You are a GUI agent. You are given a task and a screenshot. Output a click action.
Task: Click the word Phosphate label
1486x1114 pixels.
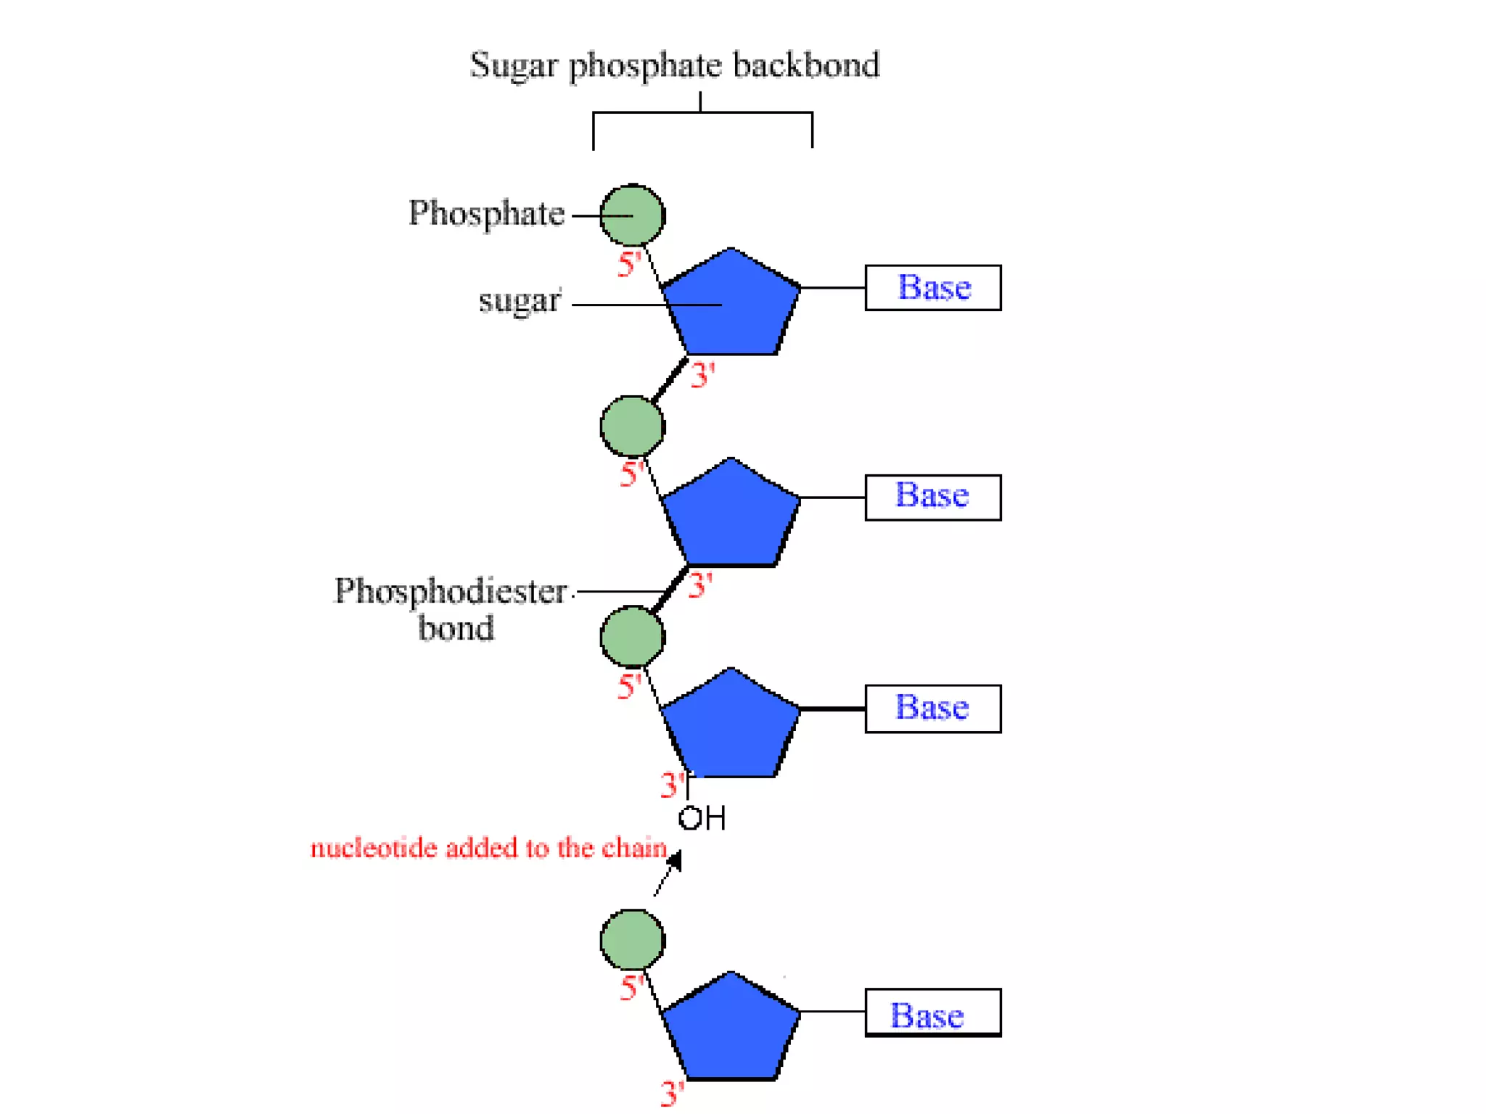(x=486, y=214)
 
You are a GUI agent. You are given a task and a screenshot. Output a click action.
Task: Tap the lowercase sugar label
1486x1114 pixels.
(x=520, y=301)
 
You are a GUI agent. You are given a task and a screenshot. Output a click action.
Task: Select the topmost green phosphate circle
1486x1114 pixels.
(x=632, y=215)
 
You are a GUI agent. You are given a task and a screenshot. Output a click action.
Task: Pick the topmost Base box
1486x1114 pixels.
(x=933, y=288)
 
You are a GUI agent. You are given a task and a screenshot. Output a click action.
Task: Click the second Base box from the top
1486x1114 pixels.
(x=933, y=498)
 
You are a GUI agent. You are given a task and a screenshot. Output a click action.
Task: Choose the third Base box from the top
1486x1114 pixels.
(x=933, y=709)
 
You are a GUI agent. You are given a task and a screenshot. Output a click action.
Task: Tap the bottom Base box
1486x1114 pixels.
(x=933, y=1013)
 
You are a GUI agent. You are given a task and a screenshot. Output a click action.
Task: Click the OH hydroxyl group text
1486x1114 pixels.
(x=702, y=819)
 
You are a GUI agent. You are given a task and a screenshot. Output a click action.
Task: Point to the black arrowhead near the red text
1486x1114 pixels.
(x=676, y=861)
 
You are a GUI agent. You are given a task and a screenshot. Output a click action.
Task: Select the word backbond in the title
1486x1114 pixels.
(x=805, y=65)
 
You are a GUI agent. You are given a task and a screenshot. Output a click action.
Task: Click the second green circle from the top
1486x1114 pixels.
(x=632, y=426)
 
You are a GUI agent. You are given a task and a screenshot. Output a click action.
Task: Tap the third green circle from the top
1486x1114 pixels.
(x=632, y=637)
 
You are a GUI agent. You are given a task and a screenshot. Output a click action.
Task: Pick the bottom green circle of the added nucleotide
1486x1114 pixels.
(x=632, y=940)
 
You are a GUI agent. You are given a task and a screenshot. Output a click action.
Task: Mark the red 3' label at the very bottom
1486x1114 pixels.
(x=672, y=1093)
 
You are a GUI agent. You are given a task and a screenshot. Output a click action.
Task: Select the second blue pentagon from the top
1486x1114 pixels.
(x=731, y=516)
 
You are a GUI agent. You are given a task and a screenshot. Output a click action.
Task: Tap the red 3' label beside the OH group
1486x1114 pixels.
(x=672, y=785)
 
